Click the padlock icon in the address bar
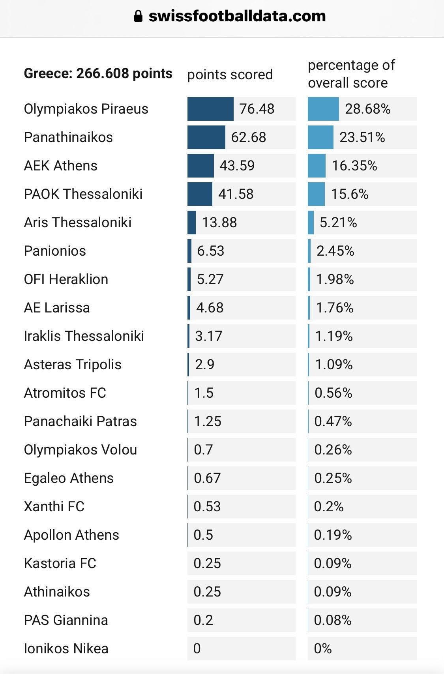click(138, 16)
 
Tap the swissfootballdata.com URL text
click(237, 16)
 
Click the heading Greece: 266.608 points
click(98, 73)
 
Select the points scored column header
click(230, 75)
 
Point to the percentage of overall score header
click(351, 74)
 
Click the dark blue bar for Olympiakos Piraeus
click(210, 109)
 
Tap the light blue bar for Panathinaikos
click(320, 137)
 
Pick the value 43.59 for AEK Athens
click(237, 166)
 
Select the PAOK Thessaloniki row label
click(83, 194)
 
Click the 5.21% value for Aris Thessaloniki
click(338, 223)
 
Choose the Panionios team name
click(55, 251)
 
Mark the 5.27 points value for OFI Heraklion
click(210, 279)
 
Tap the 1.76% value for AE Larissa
click(335, 308)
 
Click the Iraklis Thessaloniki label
click(84, 336)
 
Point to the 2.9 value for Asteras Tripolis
click(204, 365)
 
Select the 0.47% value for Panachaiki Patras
click(333, 421)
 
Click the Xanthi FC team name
click(54, 507)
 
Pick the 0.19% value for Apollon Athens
click(333, 535)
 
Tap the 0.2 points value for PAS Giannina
click(203, 620)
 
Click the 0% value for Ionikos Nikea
click(322, 649)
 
